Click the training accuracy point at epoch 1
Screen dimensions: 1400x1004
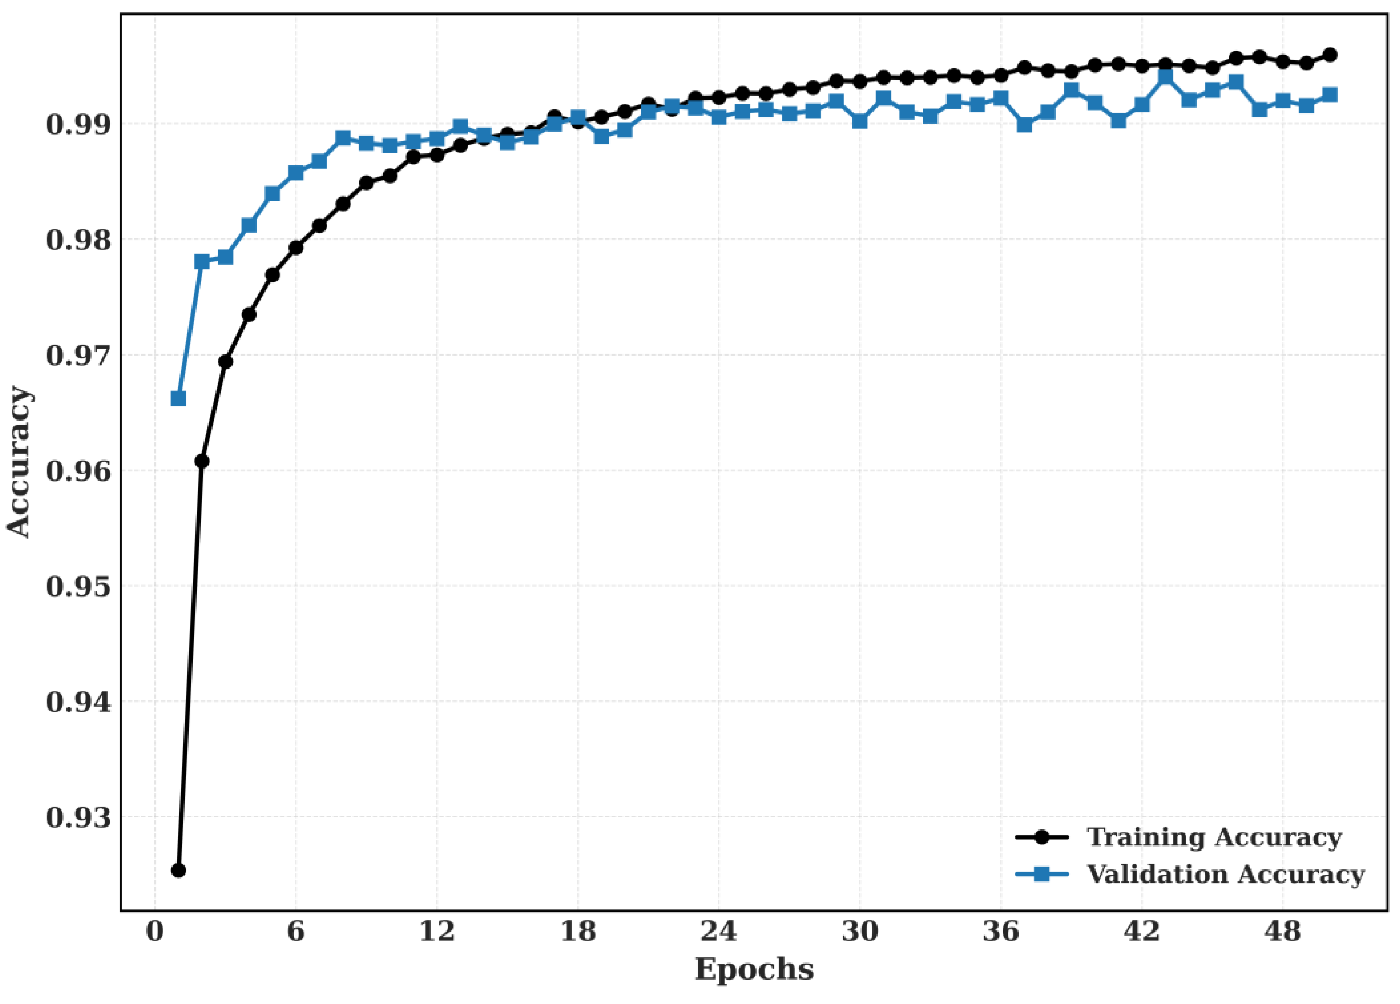[x=179, y=870]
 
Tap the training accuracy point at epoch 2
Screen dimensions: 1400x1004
[x=202, y=461]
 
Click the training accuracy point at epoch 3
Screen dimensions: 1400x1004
[x=226, y=361]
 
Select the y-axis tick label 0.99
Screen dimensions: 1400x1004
[x=79, y=125]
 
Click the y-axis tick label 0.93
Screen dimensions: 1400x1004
[x=79, y=817]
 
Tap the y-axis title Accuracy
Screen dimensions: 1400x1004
[x=19, y=462]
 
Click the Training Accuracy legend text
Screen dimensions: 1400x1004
[x=1214, y=837]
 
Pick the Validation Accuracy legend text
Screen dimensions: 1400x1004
[x=1226, y=874]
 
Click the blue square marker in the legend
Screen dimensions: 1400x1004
[x=1042, y=874]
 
